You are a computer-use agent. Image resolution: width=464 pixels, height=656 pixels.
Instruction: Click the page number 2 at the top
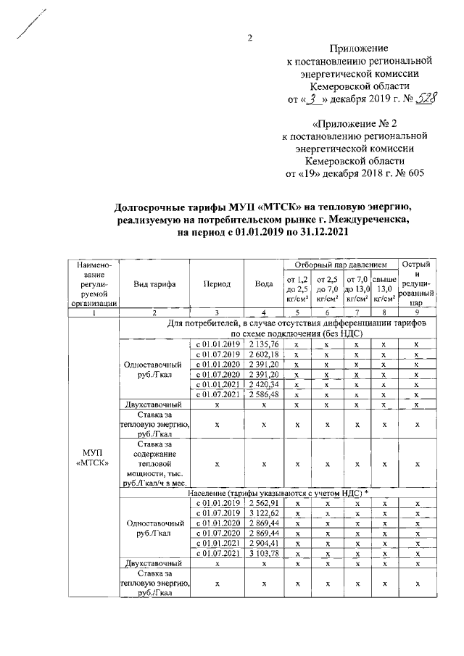click(x=249, y=38)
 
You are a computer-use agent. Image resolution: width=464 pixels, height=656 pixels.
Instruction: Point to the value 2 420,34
click(x=264, y=383)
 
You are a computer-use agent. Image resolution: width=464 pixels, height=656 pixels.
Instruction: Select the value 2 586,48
click(x=264, y=394)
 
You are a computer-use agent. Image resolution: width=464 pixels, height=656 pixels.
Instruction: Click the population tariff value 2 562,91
click(x=264, y=503)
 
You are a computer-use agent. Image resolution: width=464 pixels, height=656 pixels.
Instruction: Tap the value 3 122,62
click(x=264, y=513)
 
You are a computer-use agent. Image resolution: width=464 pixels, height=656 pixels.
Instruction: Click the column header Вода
click(x=264, y=284)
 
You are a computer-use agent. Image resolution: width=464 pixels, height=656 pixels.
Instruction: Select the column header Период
click(x=217, y=284)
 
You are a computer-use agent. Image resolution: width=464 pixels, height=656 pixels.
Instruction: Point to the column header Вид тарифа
click(x=154, y=284)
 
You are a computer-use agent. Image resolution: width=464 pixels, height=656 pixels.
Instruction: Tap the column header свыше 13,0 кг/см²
click(x=384, y=288)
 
